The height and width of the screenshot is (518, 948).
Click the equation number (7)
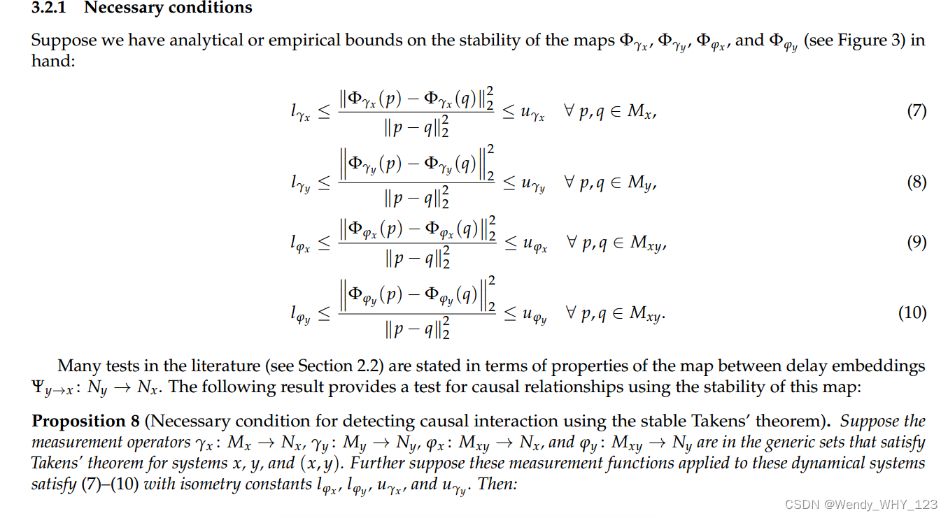pos(917,110)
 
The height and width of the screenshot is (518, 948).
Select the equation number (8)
pos(917,182)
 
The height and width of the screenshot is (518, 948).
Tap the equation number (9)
pos(917,242)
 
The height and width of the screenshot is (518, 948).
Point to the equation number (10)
pos(912,312)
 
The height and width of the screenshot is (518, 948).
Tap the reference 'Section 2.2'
pos(334,366)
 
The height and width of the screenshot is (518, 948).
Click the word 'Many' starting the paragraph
pos(76,366)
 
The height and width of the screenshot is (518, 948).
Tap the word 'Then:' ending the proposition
pos(497,484)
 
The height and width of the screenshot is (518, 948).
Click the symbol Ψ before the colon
pos(39,387)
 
